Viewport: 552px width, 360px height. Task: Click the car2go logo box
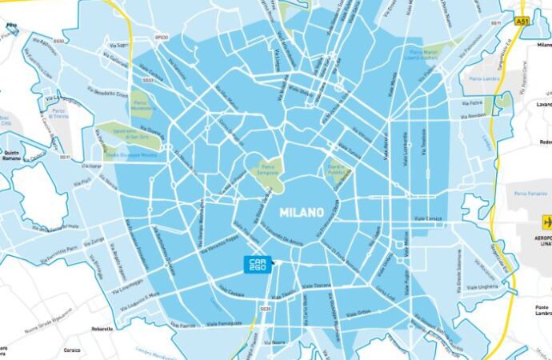coord(258,263)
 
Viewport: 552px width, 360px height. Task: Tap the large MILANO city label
coord(301,214)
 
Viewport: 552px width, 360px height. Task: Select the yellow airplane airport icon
coord(547,222)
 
